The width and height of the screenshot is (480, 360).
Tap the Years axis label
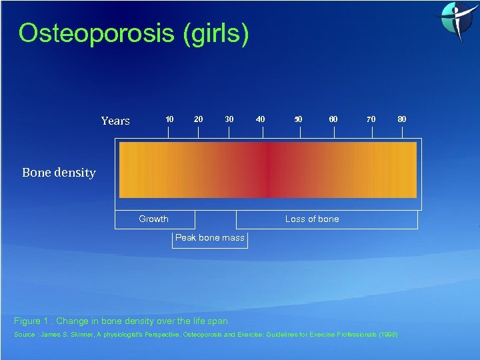point(115,121)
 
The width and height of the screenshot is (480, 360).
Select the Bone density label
point(59,173)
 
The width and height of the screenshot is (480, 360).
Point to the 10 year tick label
point(169,119)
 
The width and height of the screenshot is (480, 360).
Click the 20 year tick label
point(198,119)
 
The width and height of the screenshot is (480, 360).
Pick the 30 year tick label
point(229,119)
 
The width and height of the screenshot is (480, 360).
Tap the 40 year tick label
point(261,119)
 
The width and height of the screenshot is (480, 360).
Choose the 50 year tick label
point(298,119)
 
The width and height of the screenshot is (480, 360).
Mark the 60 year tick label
point(333,119)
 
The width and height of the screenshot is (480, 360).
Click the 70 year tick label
point(371,119)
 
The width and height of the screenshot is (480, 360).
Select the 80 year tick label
point(402,119)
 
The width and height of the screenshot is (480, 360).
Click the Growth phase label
point(153,219)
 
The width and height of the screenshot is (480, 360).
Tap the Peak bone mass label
point(209,238)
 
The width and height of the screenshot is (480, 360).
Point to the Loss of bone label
point(312,219)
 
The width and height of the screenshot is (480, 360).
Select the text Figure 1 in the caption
point(31,321)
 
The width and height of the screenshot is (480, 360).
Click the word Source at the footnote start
point(25,334)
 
